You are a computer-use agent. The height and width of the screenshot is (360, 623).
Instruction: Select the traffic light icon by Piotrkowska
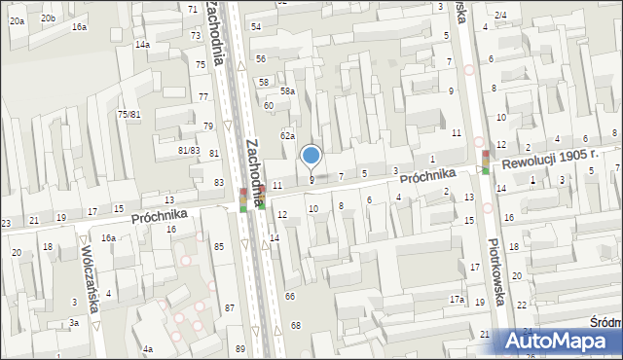(x=485, y=162)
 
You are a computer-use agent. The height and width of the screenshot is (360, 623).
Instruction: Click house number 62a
(x=288, y=136)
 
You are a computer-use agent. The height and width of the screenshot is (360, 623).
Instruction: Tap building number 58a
(x=288, y=90)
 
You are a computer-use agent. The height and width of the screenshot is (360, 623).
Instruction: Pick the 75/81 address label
(x=129, y=114)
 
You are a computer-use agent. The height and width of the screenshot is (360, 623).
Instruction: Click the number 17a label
(x=457, y=300)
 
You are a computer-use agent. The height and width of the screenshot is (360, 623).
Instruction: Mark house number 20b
(x=49, y=18)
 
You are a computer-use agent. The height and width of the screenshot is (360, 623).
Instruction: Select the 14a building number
(x=142, y=45)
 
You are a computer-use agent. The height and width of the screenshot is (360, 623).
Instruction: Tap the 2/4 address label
(x=500, y=15)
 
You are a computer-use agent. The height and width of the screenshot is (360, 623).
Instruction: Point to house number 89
(x=239, y=348)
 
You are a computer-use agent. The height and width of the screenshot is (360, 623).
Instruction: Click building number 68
(x=296, y=325)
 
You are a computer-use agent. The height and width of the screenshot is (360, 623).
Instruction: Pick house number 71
(x=192, y=9)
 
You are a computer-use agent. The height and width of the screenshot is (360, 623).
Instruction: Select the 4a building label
(x=147, y=348)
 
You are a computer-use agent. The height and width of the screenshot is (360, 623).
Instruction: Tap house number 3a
(x=73, y=322)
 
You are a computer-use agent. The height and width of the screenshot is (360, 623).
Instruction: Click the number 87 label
(x=230, y=307)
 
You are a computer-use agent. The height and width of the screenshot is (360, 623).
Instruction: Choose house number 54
(x=256, y=26)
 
